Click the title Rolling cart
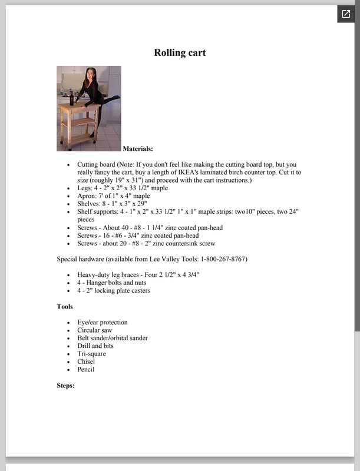[180, 53]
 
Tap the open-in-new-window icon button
[346, 15]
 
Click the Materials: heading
[138, 149]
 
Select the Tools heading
[65, 307]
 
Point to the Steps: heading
[65, 386]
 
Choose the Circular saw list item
[94, 330]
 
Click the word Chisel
[86, 361]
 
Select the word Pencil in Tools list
[85, 370]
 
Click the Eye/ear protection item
[102, 323]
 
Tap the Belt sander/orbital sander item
[112, 338]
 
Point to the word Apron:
[88, 196]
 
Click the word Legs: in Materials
[85, 188]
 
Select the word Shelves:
[90, 204]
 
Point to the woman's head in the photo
[91, 74]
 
